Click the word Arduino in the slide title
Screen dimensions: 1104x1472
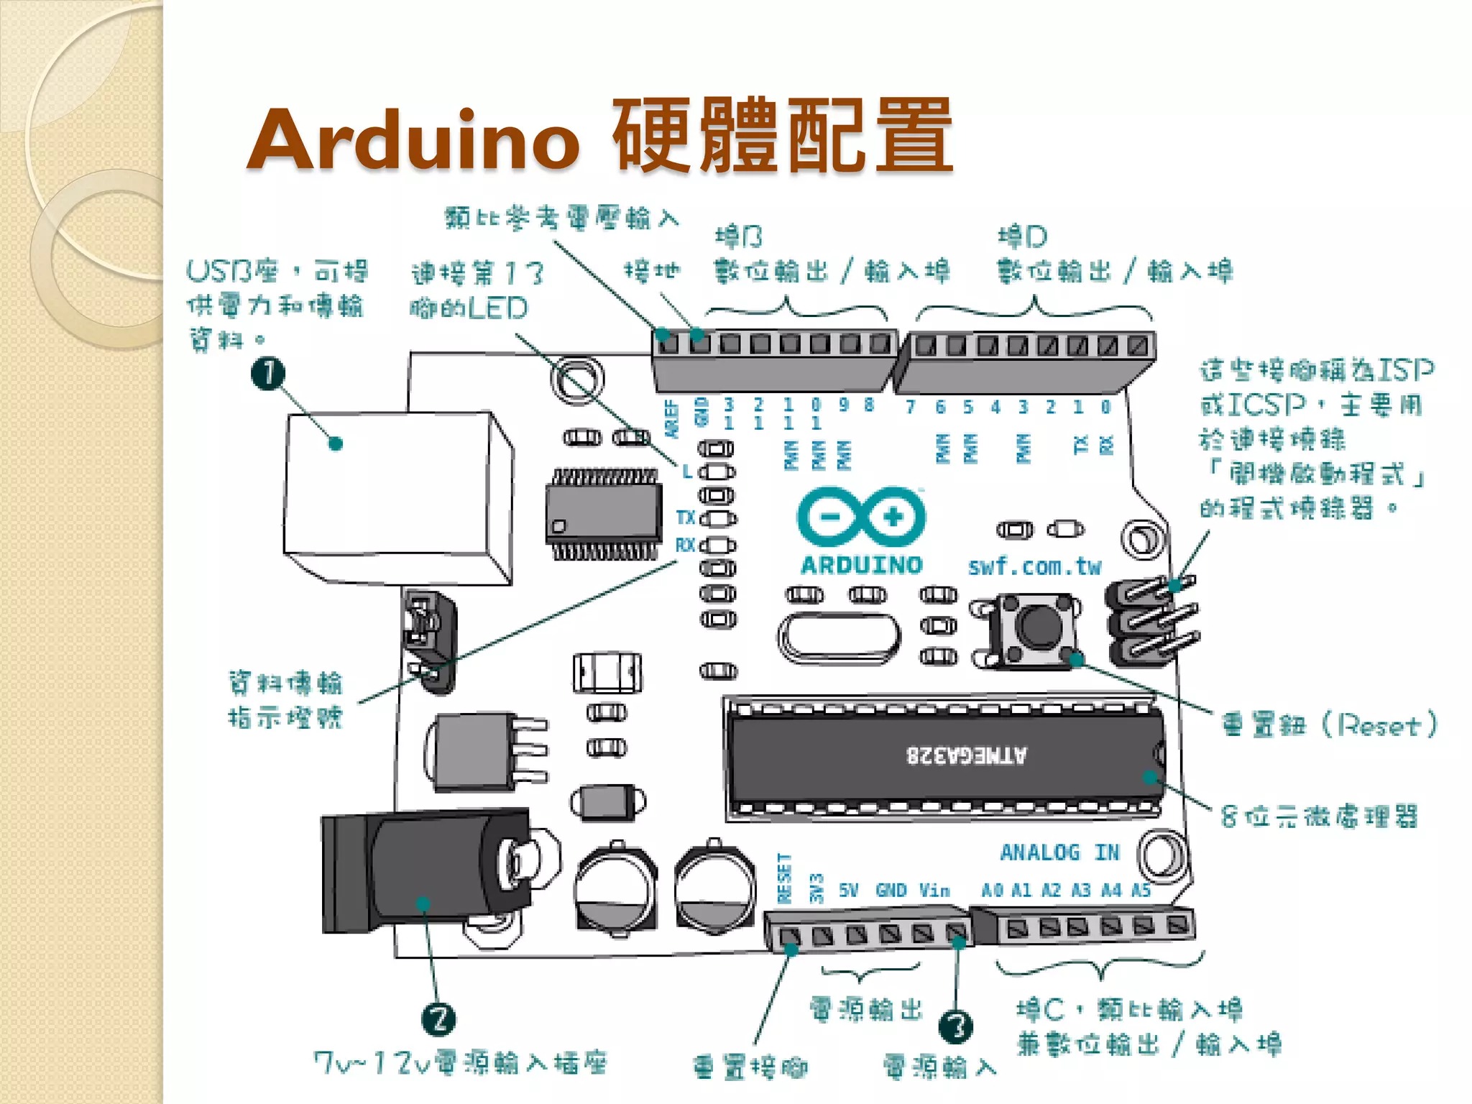point(413,140)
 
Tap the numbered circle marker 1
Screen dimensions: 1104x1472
point(267,373)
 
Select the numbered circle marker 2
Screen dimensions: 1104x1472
point(438,1019)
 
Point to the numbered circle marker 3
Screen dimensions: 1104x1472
point(956,1026)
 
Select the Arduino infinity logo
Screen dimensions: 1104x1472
point(861,517)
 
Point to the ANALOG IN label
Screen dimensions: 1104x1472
point(1059,853)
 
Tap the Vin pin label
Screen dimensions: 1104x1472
point(934,891)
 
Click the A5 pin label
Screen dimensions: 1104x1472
point(1141,891)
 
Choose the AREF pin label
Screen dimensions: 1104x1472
point(672,418)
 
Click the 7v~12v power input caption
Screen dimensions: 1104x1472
point(460,1062)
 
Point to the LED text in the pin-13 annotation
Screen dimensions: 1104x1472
point(498,309)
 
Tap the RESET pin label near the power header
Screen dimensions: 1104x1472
point(784,878)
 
